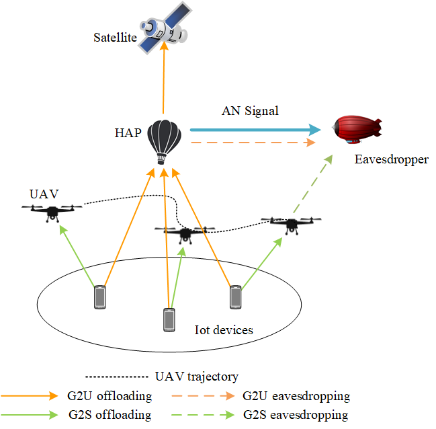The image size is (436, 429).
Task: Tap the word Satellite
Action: [x=115, y=37]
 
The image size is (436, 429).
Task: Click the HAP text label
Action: [x=128, y=132]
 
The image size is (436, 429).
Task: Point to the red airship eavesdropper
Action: [x=357, y=129]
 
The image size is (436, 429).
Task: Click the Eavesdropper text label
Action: [x=391, y=159]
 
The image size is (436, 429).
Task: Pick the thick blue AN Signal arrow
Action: [x=255, y=130]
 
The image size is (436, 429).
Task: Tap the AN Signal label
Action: [x=250, y=111]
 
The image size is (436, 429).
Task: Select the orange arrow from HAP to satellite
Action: [x=164, y=77]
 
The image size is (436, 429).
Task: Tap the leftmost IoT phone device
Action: [x=100, y=297]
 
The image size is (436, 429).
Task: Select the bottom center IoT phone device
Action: [x=169, y=320]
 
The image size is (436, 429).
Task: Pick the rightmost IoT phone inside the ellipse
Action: [x=236, y=297]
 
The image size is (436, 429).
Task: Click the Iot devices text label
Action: [x=224, y=330]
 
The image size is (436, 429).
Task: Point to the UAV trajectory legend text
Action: [x=197, y=377]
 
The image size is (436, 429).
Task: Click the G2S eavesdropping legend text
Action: [x=296, y=415]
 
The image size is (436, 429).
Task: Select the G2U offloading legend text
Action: [x=110, y=396]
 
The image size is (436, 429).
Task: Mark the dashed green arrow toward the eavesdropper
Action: [x=313, y=184]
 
